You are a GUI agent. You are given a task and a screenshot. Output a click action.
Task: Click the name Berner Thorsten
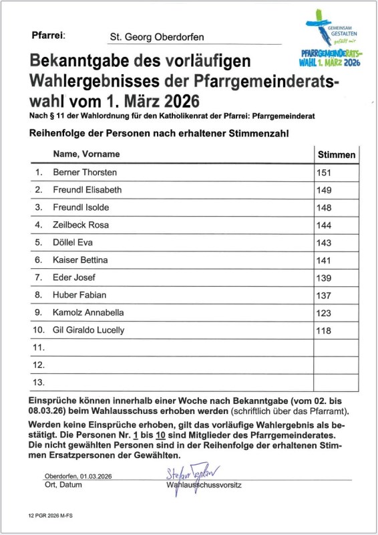pyautogui.click(x=85, y=173)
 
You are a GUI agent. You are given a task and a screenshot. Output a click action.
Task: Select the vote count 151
pyautogui.click(x=324, y=173)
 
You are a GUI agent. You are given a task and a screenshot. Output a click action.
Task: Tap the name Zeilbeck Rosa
pyautogui.click(x=81, y=225)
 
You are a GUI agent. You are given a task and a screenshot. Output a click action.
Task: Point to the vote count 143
pyautogui.click(x=324, y=242)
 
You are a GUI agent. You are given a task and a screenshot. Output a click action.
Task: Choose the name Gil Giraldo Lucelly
pyautogui.click(x=88, y=330)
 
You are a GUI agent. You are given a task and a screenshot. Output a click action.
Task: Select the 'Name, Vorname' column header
pyautogui.click(x=86, y=154)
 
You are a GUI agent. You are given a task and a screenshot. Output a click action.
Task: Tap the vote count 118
pyautogui.click(x=324, y=330)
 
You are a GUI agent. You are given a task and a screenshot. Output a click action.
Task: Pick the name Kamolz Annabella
pyautogui.click(x=88, y=312)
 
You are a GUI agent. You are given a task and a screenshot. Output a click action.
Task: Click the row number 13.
pyautogui.click(x=39, y=383)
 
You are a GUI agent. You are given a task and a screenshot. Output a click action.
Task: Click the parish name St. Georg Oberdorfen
pyautogui.click(x=156, y=37)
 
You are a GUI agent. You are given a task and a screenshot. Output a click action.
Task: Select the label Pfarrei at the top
pyautogui.click(x=48, y=35)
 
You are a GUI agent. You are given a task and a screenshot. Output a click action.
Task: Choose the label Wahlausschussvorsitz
pyautogui.click(x=204, y=484)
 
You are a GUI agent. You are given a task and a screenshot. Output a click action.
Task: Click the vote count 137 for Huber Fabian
pyautogui.click(x=324, y=295)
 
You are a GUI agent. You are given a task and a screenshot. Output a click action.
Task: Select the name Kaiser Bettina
pyautogui.click(x=80, y=259)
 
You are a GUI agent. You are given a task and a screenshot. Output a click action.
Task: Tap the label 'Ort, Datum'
pyautogui.click(x=63, y=484)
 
